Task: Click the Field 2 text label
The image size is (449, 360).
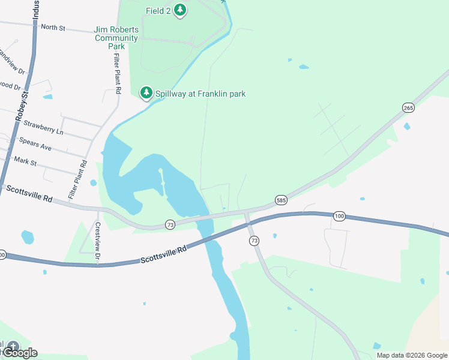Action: click(158, 11)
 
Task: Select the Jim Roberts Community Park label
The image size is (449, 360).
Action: click(116, 38)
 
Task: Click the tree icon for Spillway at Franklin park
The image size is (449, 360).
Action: click(146, 93)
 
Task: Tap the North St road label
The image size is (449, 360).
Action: click(53, 27)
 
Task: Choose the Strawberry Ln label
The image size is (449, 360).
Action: click(43, 130)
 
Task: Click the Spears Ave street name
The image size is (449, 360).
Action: click(35, 144)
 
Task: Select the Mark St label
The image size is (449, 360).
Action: click(25, 161)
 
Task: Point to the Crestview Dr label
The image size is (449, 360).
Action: click(98, 242)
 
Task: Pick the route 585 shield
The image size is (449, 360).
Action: click(281, 199)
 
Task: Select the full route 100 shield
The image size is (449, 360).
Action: click(340, 215)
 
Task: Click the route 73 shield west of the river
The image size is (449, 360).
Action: click(170, 224)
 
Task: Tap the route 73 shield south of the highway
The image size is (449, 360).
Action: click(254, 241)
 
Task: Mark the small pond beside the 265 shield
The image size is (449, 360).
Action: click(408, 127)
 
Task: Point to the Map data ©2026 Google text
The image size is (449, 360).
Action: click(412, 355)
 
